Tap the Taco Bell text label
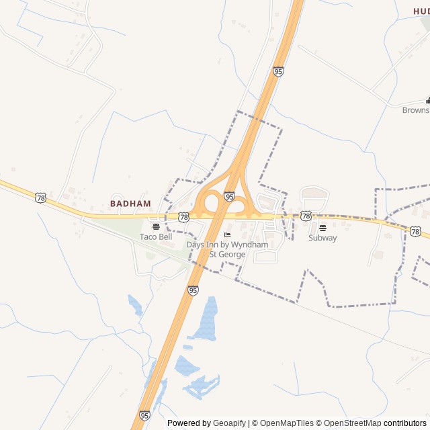coord(156,236)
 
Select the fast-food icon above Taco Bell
coord(156,226)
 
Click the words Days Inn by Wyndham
coord(227,245)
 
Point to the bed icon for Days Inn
coord(227,234)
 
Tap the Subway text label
coord(322,238)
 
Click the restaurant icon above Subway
coord(322,227)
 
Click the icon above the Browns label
coord(427,101)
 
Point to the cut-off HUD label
coord(421,11)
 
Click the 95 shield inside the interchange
coord(229,197)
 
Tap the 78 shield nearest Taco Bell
coord(183,216)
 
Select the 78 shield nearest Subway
coord(306,216)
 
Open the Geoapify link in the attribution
coord(229,423)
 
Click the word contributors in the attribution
coord(405,423)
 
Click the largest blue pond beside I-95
coord(204,319)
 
